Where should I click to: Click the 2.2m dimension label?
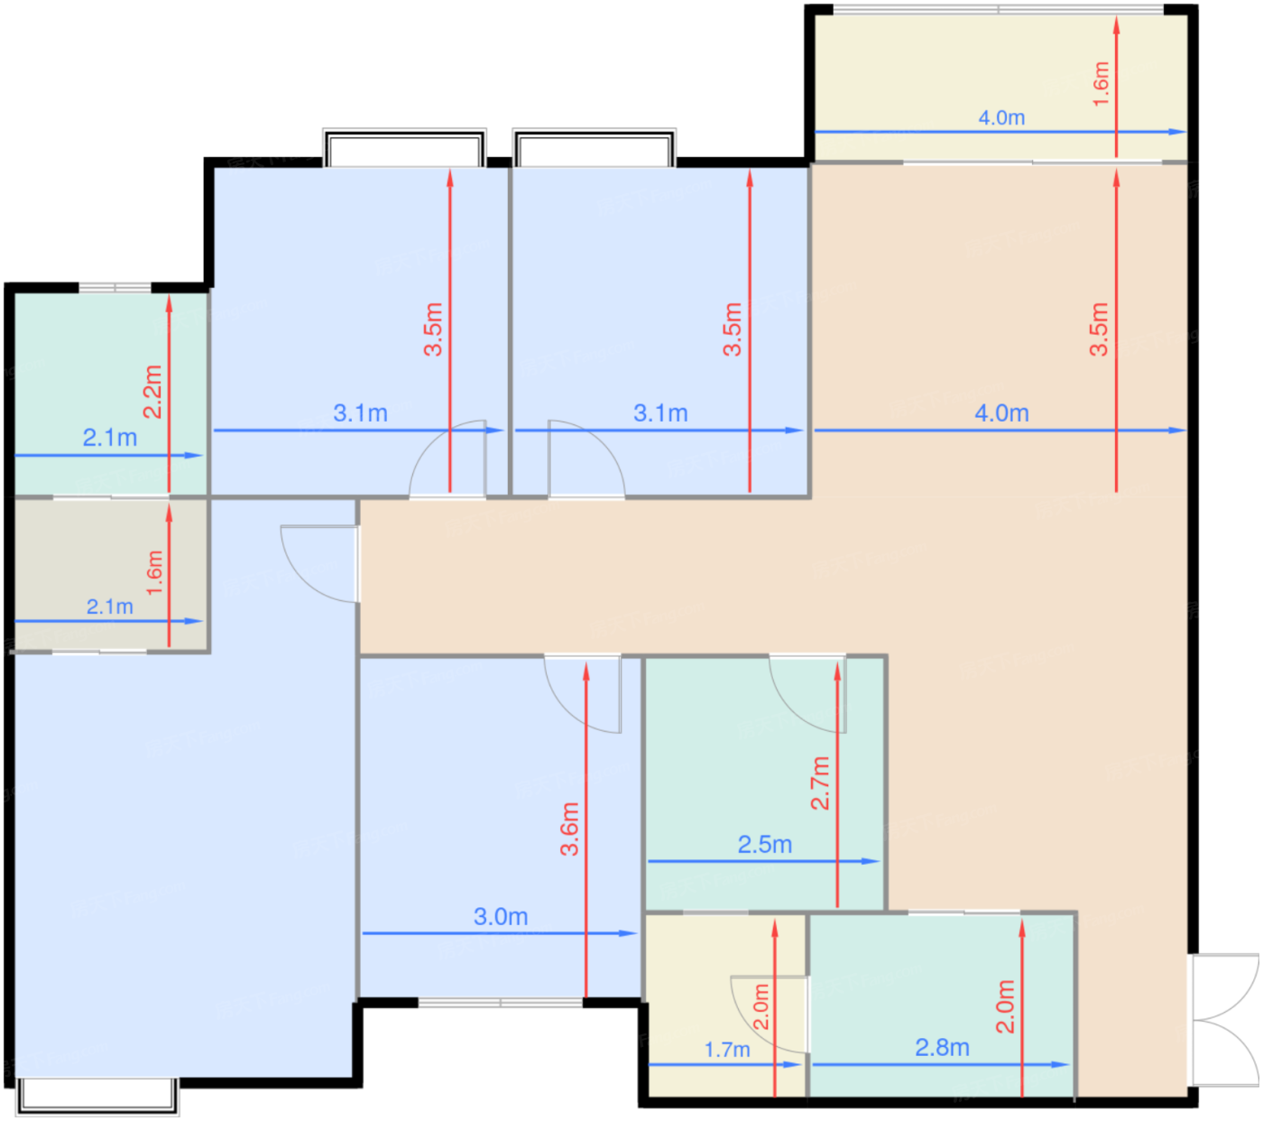coord(152,391)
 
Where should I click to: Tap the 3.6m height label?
coord(569,829)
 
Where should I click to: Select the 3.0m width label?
coord(501,916)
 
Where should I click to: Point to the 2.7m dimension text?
coord(820,783)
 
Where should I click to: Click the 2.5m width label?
coord(765,845)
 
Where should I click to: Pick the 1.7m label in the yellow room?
coord(727,1050)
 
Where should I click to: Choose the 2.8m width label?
coord(942,1047)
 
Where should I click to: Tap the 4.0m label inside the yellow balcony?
coord(1001,117)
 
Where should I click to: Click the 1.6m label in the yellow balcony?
coord(1101,84)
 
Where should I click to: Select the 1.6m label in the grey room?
coord(154,572)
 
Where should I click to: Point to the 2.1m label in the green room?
coord(110,438)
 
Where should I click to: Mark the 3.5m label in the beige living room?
coord(1099,329)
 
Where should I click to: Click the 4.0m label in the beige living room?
coord(1001,413)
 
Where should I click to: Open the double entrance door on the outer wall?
coord(1223,1019)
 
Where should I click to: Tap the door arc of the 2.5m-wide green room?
coord(807,694)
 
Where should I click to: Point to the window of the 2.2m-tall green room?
coord(115,288)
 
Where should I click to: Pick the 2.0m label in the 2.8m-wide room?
coord(1005,1006)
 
